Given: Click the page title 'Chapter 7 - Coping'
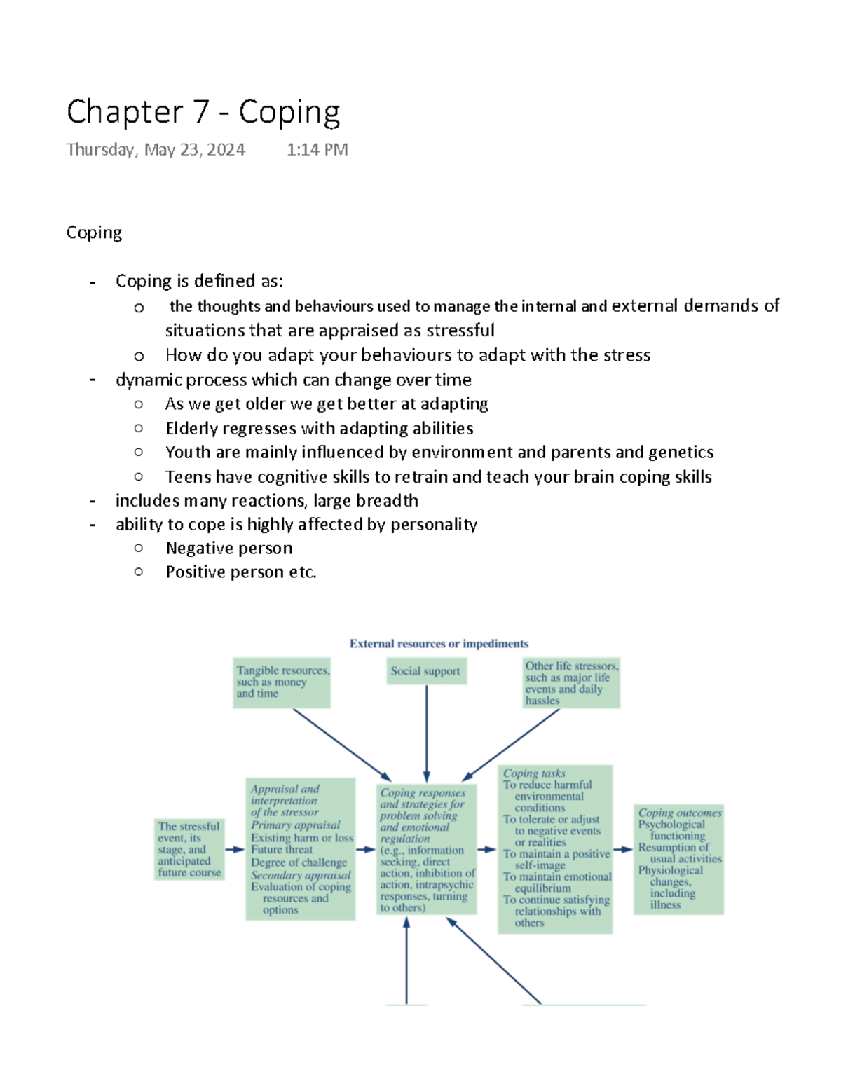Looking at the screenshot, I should [x=203, y=112].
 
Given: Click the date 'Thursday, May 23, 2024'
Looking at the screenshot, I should [x=156, y=150].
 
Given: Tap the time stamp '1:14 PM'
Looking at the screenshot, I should [x=317, y=150].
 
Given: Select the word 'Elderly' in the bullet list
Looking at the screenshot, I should [x=191, y=428].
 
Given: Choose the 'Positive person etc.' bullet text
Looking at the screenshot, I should [x=241, y=572].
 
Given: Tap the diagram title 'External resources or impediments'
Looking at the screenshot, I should [x=439, y=644].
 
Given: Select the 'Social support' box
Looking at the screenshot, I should [x=425, y=671].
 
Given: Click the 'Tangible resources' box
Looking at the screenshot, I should [x=282, y=682].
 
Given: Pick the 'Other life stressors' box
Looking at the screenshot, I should [x=571, y=683].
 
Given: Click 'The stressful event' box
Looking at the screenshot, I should [x=189, y=849].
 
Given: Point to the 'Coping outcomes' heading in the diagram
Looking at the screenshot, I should [x=679, y=813].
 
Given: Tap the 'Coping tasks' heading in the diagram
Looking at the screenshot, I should [x=534, y=773].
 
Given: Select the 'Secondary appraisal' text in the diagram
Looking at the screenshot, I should [x=301, y=875].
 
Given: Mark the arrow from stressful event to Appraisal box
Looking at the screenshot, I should [x=235, y=850].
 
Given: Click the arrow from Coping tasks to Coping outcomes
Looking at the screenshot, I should [x=622, y=850].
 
